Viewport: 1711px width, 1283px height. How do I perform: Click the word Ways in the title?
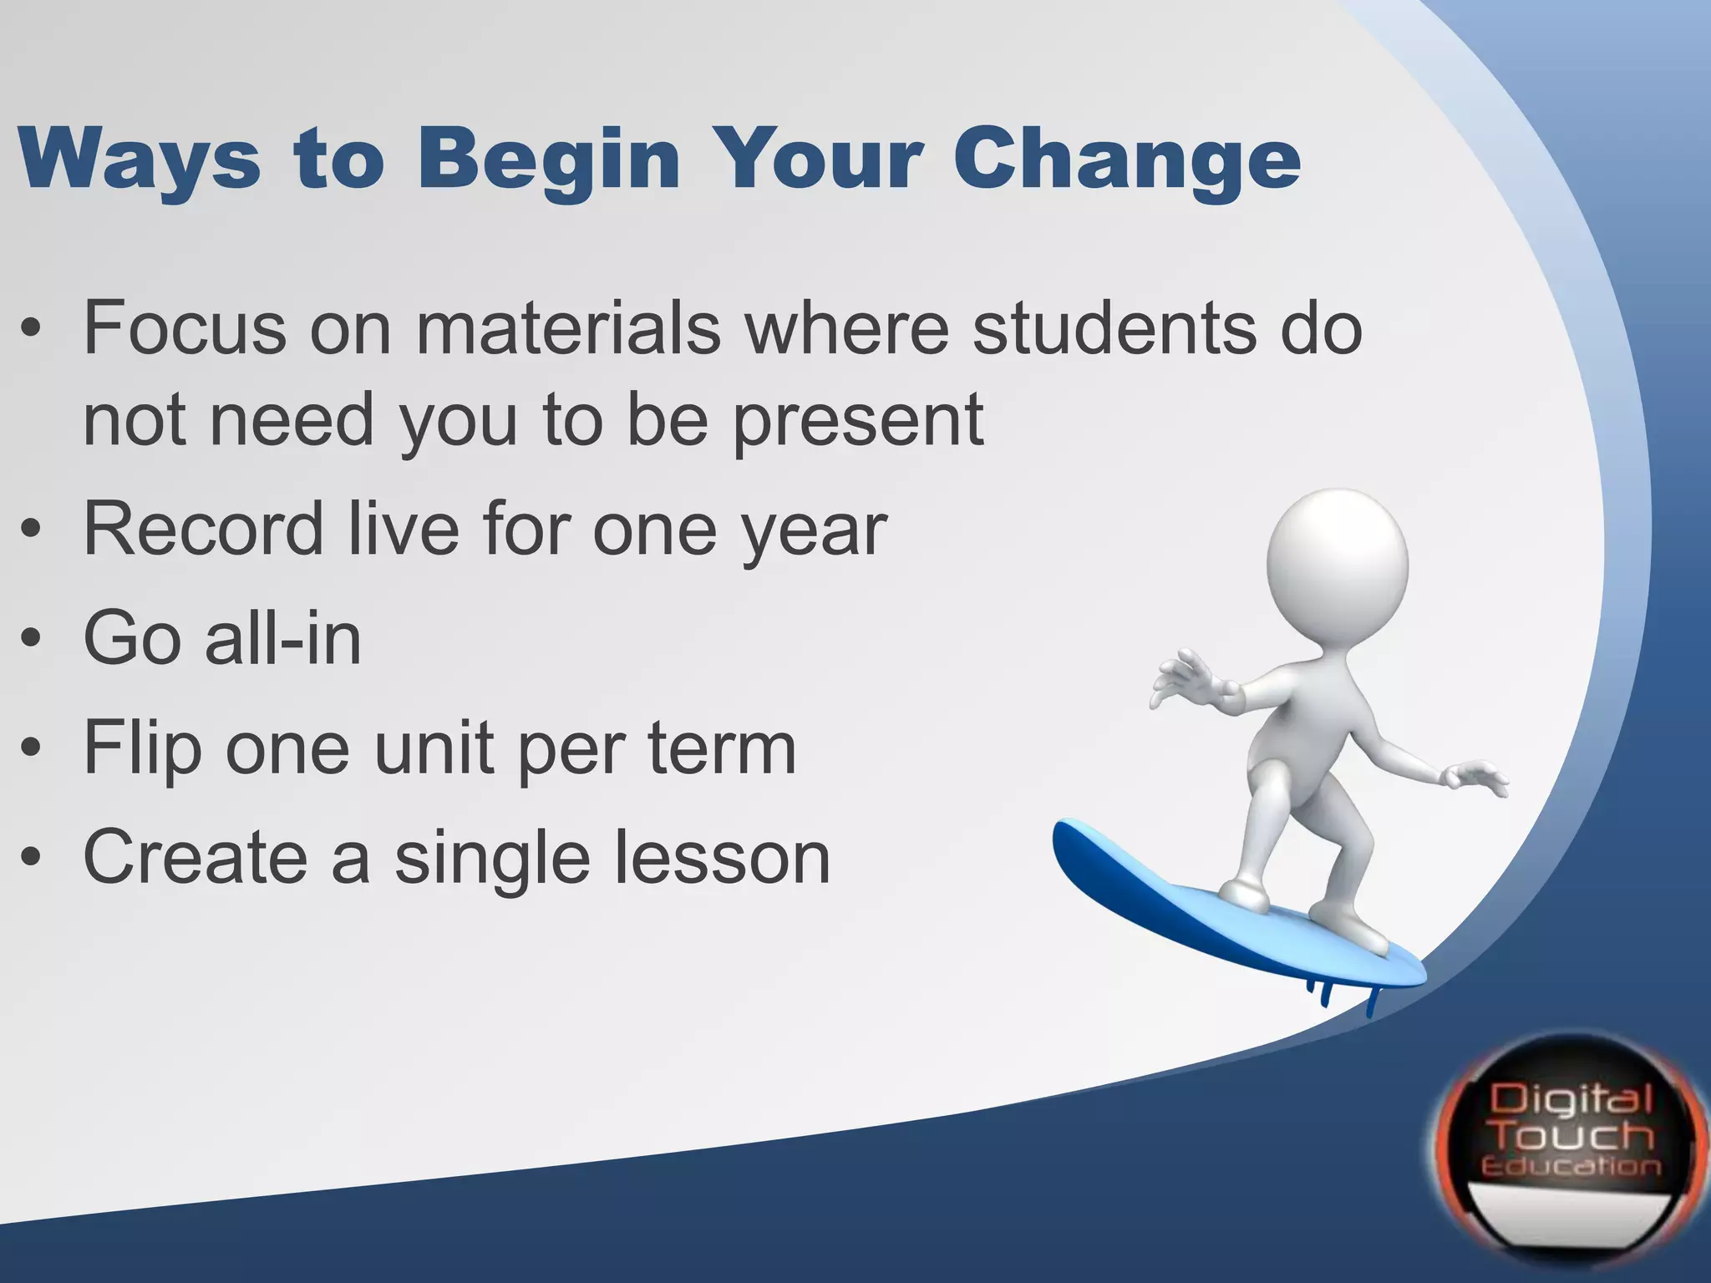pos(138,159)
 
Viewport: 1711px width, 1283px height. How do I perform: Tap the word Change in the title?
pos(1127,159)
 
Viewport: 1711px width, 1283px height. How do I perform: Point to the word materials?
pos(568,327)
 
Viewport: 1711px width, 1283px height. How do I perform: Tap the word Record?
pos(204,528)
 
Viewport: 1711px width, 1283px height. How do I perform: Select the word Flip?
pos(142,748)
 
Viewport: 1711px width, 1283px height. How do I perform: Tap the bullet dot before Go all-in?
pos(32,640)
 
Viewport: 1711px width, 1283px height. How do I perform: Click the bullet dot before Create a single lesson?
pos(32,859)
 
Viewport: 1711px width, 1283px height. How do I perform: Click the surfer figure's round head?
pos(1337,564)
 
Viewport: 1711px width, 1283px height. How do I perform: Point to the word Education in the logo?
pos(1571,1166)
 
